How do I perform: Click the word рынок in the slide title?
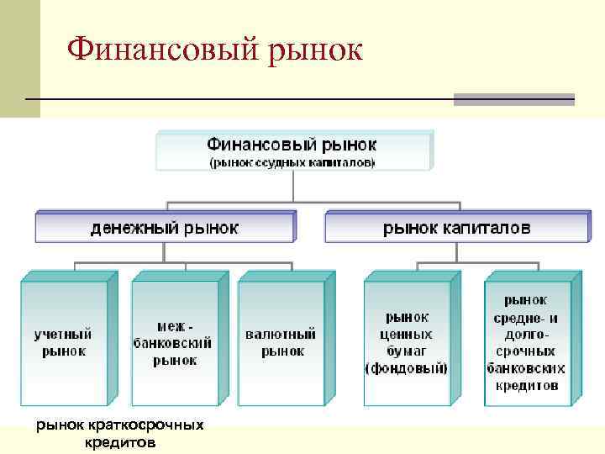315,50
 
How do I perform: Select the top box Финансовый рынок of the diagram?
292,150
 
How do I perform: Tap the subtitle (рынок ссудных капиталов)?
292,161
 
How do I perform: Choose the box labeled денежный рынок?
165,227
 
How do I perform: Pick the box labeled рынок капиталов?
456,227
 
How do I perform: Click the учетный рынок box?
64,342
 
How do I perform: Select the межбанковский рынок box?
173,342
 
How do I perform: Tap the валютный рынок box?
281,342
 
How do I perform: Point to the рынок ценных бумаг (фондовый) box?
406,342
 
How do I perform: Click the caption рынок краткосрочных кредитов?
119,433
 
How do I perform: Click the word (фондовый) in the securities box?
406,368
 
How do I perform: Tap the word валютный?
281,334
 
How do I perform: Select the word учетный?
64,334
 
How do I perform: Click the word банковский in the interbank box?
173,343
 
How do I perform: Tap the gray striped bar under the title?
513,99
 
